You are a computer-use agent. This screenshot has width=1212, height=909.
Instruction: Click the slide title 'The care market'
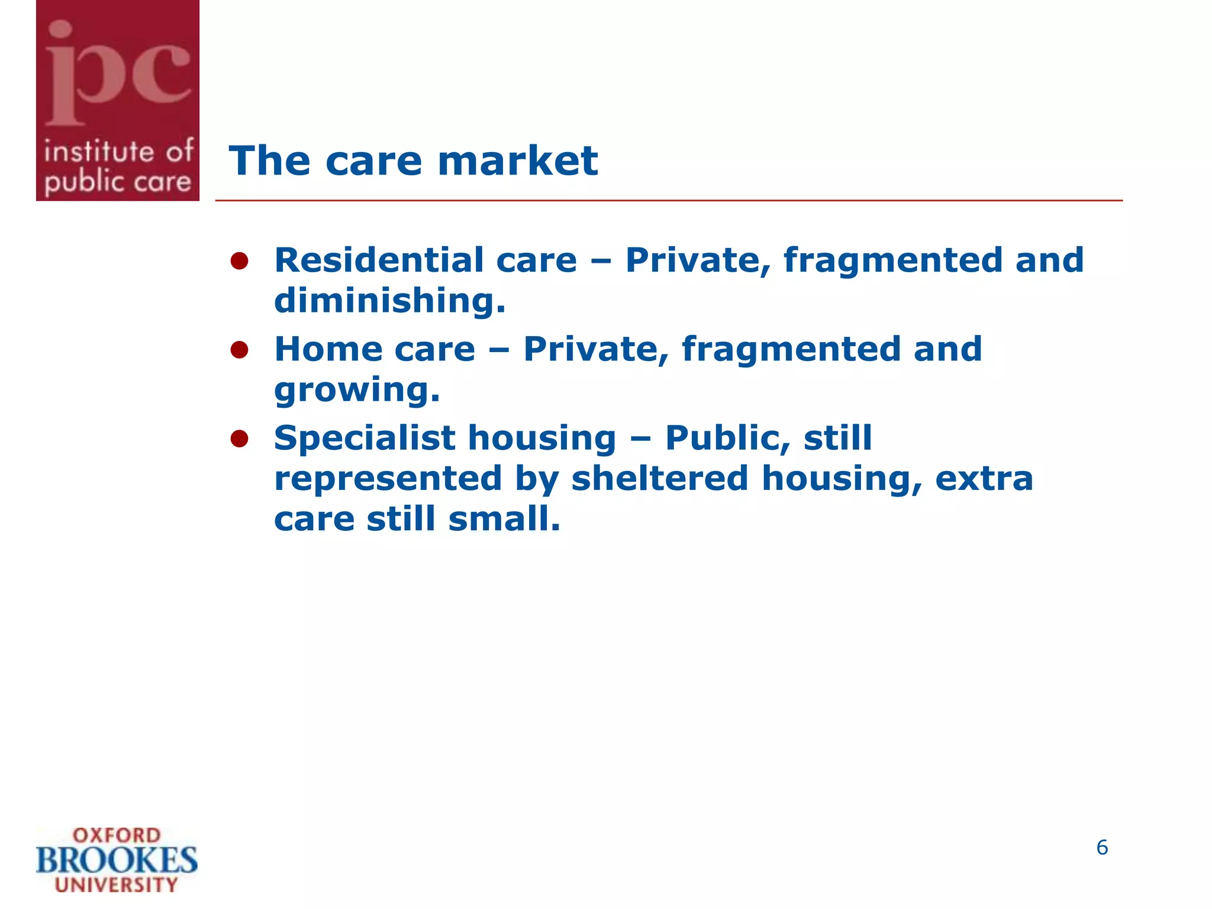(x=413, y=161)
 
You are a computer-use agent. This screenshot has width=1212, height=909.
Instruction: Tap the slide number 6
(x=1102, y=847)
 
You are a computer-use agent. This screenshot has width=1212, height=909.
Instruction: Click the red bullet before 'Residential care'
(x=239, y=261)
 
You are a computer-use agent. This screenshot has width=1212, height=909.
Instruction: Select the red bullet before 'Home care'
(x=239, y=350)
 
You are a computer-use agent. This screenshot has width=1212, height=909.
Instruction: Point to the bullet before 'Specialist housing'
(x=239, y=439)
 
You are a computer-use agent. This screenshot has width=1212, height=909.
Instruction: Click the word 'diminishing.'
(x=390, y=301)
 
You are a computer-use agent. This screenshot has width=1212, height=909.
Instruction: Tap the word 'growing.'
(x=357, y=391)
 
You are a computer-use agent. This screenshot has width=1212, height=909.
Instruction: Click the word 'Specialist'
(x=365, y=439)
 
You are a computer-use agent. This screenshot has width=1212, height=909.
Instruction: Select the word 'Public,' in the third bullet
(x=727, y=439)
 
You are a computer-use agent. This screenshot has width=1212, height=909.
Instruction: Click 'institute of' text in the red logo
(x=118, y=152)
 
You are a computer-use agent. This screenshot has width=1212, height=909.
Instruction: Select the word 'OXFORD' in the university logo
(x=117, y=836)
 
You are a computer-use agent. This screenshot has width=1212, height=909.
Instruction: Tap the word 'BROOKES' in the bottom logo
(x=117, y=860)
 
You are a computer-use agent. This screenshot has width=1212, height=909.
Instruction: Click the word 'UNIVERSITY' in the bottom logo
(x=117, y=885)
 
